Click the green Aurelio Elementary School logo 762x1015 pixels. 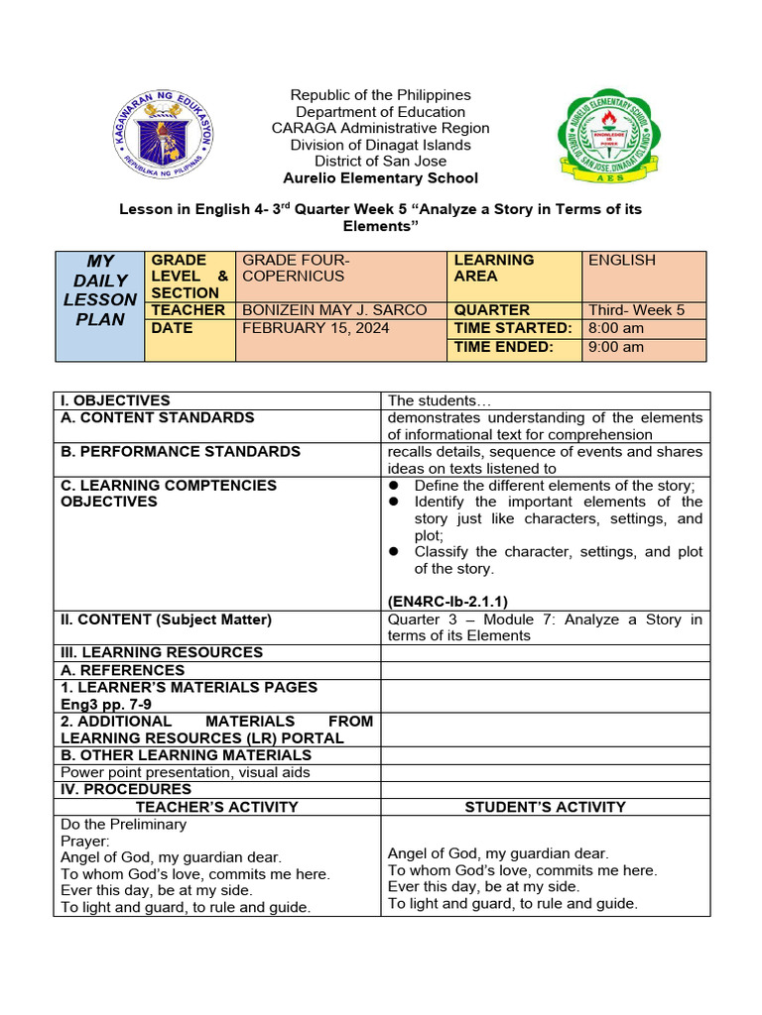[602, 136]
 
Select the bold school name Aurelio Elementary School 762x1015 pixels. [380, 178]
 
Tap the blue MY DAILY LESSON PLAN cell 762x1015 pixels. [100, 289]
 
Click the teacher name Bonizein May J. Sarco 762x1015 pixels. [334, 310]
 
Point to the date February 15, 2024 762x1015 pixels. [316, 328]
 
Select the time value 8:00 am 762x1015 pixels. [616, 328]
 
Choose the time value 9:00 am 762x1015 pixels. [616, 347]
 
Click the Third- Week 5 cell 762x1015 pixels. [636, 310]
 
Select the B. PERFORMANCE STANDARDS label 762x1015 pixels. [181, 452]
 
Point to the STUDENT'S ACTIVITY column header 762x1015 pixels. [545, 807]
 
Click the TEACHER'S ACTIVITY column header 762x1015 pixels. [217, 807]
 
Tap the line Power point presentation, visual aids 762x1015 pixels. [186, 772]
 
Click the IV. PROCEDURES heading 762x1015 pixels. [126, 789]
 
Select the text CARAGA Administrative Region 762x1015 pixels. [380, 128]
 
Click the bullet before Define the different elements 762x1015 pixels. [394, 486]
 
